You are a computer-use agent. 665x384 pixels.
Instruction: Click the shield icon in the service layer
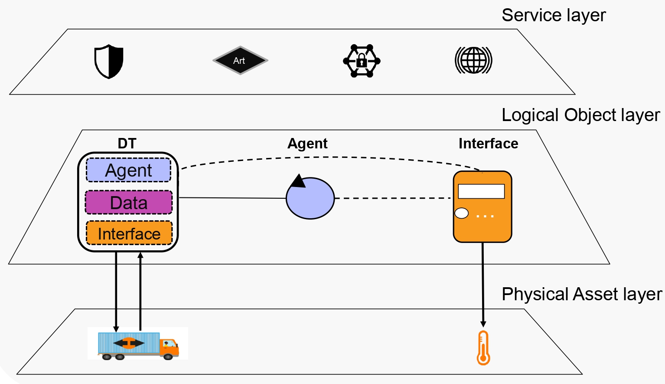pyautogui.click(x=109, y=62)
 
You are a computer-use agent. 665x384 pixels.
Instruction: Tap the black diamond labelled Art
pyautogui.click(x=240, y=60)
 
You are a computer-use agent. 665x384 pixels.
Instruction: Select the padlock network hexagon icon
pyautogui.click(x=362, y=61)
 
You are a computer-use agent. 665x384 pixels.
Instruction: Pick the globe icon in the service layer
pyautogui.click(x=473, y=60)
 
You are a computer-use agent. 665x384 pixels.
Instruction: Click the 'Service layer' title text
pyautogui.click(x=554, y=15)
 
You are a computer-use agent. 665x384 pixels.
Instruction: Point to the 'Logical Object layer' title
pyautogui.click(x=581, y=115)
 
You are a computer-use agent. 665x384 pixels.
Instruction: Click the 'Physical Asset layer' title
pyautogui.click(x=582, y=294)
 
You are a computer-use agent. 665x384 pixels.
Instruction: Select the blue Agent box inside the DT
pyautogui.click(x=129, y=170)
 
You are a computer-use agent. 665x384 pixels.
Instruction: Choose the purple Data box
pyautogui.click(x=129, y=202)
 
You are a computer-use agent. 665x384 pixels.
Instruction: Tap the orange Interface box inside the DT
pyautogui.click(x=129, y=233)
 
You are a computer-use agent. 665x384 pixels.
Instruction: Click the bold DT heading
pyautogui.click(x=127, y=143)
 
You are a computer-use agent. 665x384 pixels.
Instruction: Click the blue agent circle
pyautogui.click(x=310, y=198)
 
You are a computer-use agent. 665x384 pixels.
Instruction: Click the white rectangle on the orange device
pyautogui.click(x=481, y=191)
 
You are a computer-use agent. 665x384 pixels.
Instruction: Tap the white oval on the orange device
pyautogui.click(x=462, y=213)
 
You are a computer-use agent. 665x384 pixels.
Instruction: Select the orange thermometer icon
pyautogui.click(x=483, y=348)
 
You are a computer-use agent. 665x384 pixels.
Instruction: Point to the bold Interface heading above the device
pyautogui.click(x=489, y=144)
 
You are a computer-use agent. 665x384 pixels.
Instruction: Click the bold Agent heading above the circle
pyautogui.click(x=307, y=144)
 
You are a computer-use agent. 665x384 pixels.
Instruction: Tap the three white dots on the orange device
pyautogui.click(x=485, y=216)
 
